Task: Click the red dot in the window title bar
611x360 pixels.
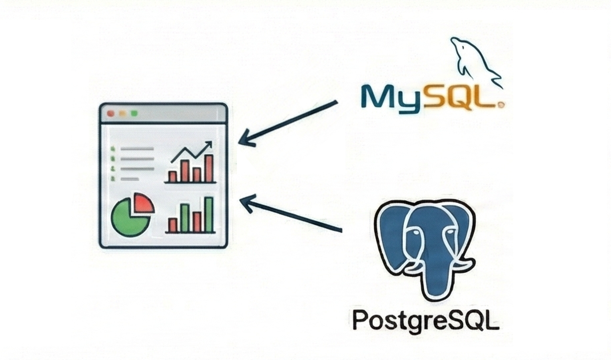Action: click(111, 113)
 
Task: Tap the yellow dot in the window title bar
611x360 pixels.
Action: click(122, 113)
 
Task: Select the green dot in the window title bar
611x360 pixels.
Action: click(134, 113)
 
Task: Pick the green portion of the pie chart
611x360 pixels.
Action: click(130, 217)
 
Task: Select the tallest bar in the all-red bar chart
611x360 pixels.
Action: click(209, 168)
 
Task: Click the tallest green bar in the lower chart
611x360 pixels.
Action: click(209, 215)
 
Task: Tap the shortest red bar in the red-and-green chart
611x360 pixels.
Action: click(172, 225)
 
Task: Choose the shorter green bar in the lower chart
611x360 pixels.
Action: click(185, 218)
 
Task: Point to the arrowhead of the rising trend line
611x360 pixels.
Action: click(208, 145)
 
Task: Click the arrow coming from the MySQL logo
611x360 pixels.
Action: click(288, 123)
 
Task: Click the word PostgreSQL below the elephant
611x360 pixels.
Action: click(426, 320)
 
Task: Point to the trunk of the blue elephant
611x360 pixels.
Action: click(431, 266)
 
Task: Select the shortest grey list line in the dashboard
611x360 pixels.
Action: click(130, 179)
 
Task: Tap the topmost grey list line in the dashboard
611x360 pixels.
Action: click(137, 149)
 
